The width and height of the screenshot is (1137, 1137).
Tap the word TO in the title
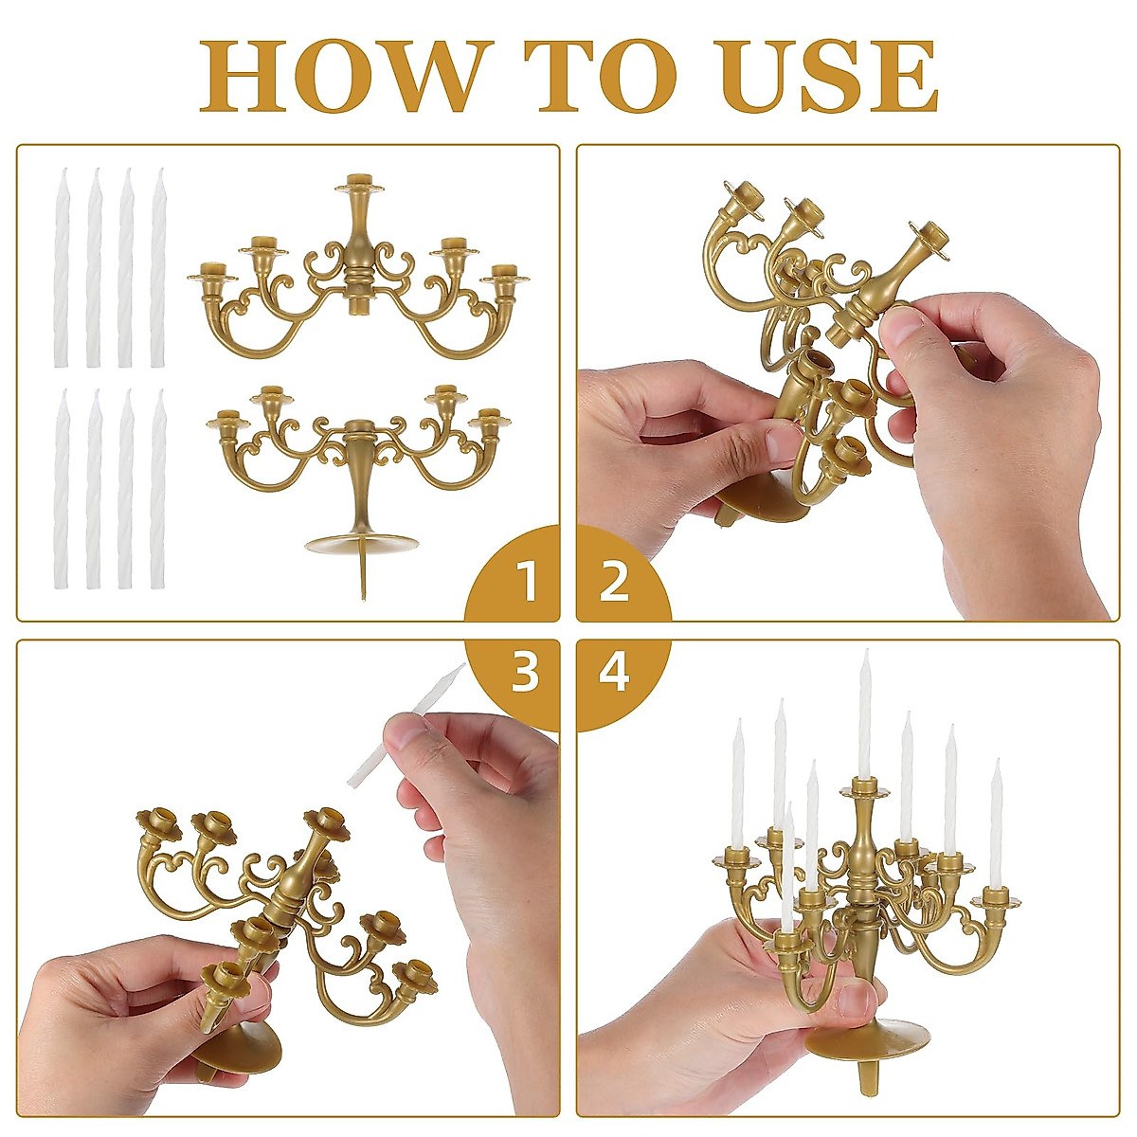click(x=605, y=78)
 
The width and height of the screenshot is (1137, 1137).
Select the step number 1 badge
click(x=527, y=581)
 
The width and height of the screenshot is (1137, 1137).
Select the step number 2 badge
click(x=614, y=581)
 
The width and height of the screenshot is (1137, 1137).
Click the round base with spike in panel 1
click(x=362, y=545)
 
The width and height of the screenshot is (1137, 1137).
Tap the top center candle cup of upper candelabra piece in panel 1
click(x=359, y=183)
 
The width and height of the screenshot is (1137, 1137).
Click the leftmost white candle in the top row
click(x=63, y=267)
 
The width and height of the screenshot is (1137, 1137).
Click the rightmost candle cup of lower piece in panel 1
click(x=489, y=418)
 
